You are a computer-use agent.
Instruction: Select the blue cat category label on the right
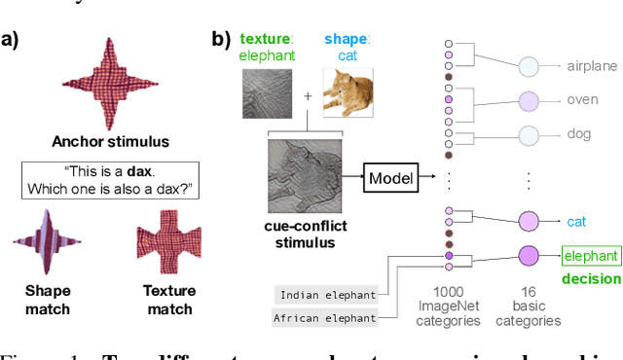tap(577, 221)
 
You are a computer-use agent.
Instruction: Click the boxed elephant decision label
tap(590, 257)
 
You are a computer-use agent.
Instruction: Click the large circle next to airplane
tap(529, 67)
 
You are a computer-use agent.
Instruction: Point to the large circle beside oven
tap(529, 100)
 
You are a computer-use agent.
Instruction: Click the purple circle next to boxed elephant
tap(529, 257)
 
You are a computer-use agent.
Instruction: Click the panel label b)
tap(221, 40)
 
